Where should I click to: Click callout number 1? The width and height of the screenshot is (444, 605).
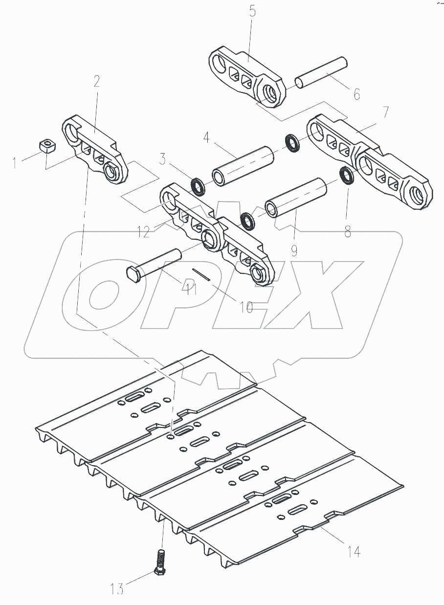[x=16, y=162]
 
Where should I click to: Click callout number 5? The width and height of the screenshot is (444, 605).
[x=252, y=12]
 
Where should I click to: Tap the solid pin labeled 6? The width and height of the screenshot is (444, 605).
[x=321, y=73]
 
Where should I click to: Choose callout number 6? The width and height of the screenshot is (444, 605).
[x=356, y=94]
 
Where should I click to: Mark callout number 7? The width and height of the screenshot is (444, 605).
[x=386, y=112]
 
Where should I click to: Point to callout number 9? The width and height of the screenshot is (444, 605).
[x=294, y=250]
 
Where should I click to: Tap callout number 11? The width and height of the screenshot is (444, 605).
[x=190, y=289]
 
